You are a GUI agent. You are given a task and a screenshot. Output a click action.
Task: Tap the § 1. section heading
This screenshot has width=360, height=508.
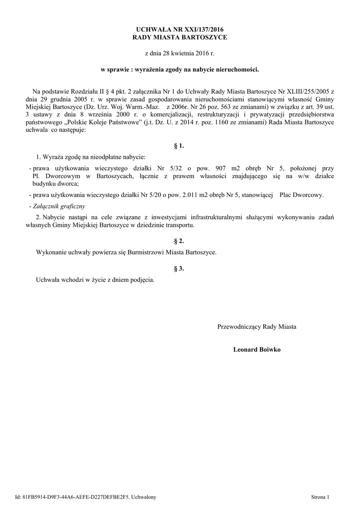tap(180, 146)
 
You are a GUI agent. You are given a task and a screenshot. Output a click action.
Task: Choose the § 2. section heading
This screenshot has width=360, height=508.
tap(180, 241)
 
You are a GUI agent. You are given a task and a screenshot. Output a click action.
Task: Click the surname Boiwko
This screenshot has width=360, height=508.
tap(270, 349)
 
